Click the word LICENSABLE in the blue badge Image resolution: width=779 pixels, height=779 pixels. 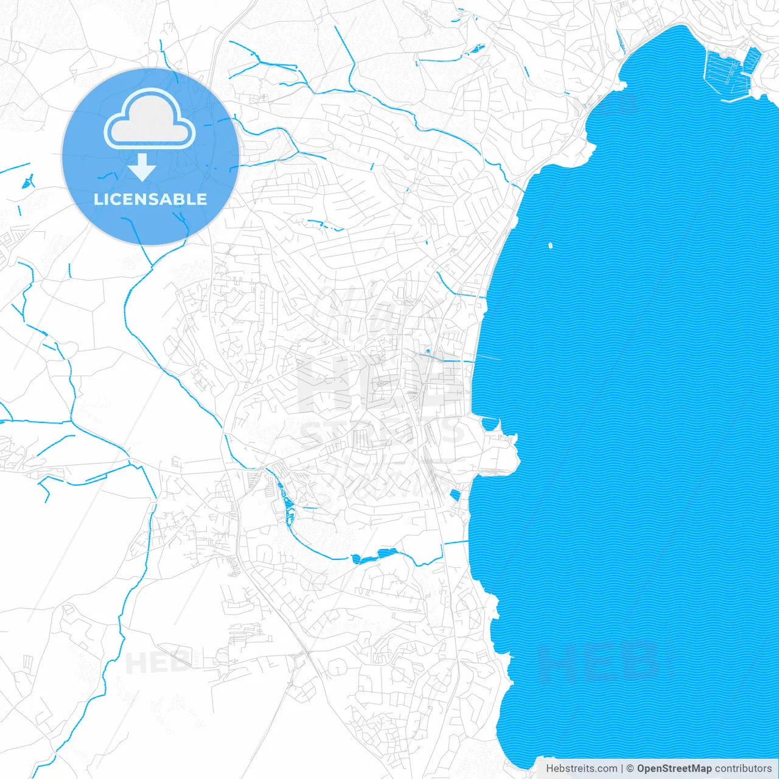tap(150, 199)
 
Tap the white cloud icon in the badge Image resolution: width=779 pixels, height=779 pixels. tap(150, 121)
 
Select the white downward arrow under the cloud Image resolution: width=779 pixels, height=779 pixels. tap(142, 167)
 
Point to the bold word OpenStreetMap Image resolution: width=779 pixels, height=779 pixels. tap(674, 768)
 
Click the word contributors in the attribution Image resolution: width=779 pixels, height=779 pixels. tap(742, 768)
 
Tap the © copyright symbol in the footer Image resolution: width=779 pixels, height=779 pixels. tap(630, 768)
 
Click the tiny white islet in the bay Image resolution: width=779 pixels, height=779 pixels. tap(550, 246)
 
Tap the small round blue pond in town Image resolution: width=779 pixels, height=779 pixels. tap(428, 351)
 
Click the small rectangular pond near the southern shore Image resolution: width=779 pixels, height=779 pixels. tap(454, 495)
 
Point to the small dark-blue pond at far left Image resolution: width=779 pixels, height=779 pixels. tap(27, 181)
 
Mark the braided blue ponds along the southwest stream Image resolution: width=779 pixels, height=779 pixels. tap(285, 499)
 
